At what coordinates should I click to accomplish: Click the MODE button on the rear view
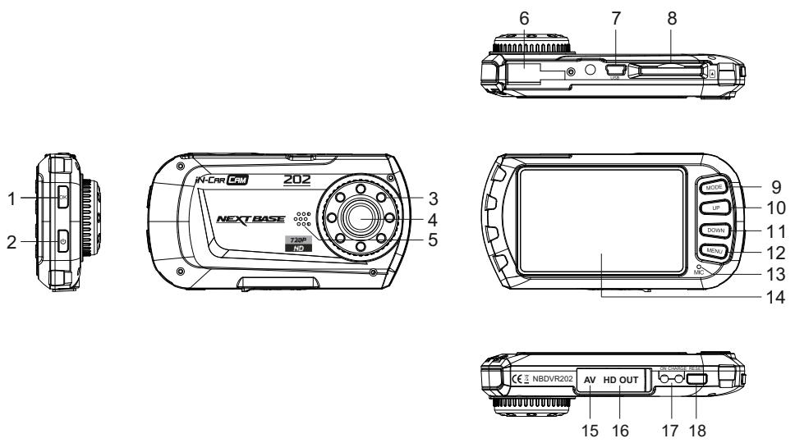click(x=711, y=188)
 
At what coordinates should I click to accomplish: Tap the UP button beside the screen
click(x=711, y=209)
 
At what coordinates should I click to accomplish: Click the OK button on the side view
click(x=63, y=198)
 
